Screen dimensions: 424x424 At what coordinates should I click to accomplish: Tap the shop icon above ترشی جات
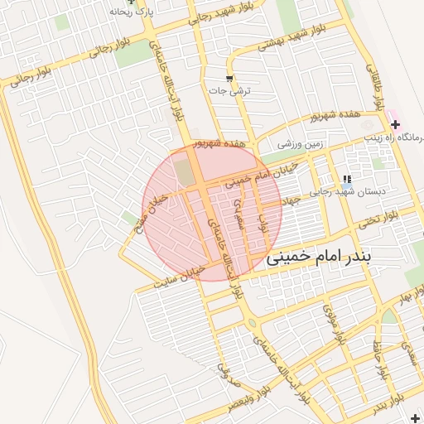click(229, 78)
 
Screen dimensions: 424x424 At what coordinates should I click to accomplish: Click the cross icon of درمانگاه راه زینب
click(395, 123)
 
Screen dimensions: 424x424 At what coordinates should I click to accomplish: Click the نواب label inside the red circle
click(264, 221)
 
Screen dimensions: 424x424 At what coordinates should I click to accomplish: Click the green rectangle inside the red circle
click(182, 172)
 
